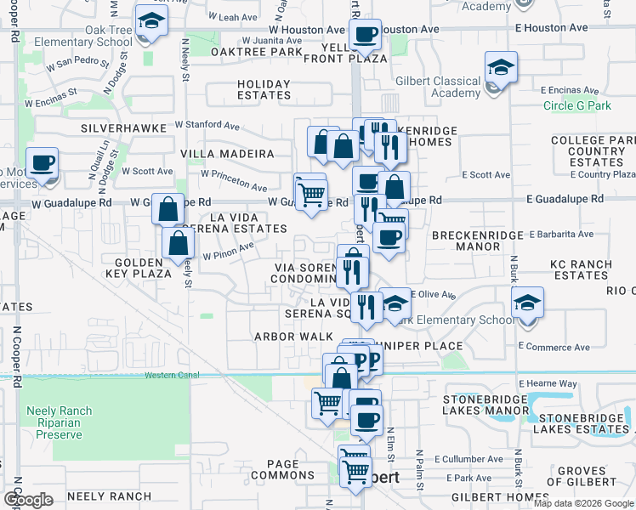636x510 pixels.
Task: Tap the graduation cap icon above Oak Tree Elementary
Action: click(x=150, y=22)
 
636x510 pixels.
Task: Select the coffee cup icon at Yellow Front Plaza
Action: click(x=365, y=35)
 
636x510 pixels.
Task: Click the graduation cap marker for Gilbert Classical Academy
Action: click(x=501, y=68)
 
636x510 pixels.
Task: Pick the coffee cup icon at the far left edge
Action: click(x=42, y=162)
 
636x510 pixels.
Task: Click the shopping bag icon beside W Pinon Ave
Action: click(x=177, y=244)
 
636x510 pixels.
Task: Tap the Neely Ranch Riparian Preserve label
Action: click(x=54, y=422)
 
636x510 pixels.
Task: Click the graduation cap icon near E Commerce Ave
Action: click(x=527, y=303)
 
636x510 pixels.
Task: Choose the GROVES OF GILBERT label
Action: click(x=588, y=477)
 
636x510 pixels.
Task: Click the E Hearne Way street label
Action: click(x=554, y=383)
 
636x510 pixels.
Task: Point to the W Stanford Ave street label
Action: click(x=207, y=125)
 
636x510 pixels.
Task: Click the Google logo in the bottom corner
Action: click(x=28, y=500)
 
